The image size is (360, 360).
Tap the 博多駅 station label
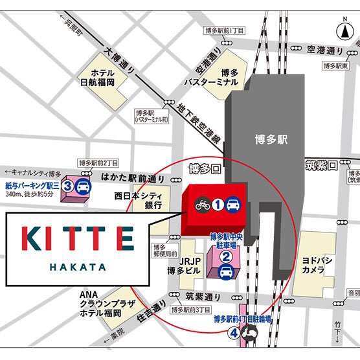271,139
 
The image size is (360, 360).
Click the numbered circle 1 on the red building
218,204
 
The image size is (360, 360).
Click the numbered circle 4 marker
232,333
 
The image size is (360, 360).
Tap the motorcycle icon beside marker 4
249,334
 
